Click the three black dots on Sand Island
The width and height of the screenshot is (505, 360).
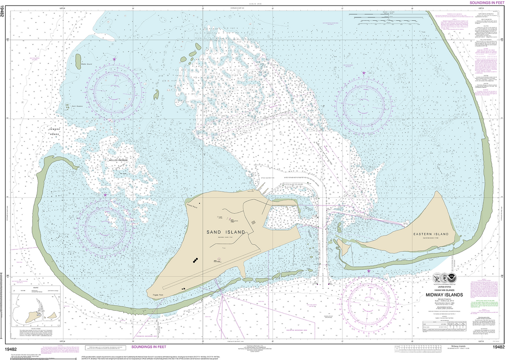[196, 260]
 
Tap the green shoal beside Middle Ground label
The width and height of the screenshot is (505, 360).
[79, 59]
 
